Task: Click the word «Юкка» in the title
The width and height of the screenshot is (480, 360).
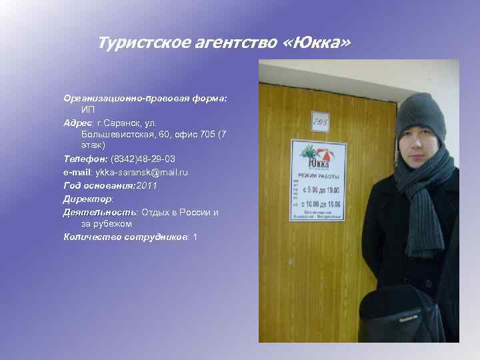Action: (315, 43)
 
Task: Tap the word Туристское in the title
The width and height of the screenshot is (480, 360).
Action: (138, 43)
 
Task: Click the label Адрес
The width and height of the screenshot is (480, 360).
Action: (78, 123)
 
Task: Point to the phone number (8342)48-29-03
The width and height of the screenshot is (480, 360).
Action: (143, 159)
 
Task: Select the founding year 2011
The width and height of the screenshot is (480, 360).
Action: (146, 185)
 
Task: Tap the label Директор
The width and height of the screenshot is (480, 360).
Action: (87, 198)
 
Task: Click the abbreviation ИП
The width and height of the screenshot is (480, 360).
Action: (88, 109)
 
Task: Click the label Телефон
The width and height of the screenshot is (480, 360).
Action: (85, 159)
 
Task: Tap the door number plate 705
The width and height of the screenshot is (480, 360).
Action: (321, 121)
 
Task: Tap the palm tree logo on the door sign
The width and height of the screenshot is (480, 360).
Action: (309, 152)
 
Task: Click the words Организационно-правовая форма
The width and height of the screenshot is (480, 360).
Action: (145, 98)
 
